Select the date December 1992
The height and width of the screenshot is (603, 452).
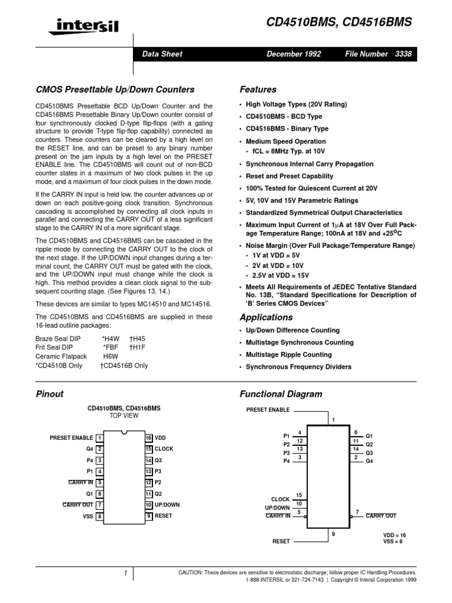[294, 54]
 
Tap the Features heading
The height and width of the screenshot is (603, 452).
[258, 90]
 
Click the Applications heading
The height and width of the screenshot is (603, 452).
[266, 317]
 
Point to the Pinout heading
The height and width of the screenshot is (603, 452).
[50, 394]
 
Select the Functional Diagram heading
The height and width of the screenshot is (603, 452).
[281, 394]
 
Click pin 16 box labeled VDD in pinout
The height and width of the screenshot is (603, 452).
[149, 438]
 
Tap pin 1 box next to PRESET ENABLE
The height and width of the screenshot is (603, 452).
[100, 438]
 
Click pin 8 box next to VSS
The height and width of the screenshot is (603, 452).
[100, 516]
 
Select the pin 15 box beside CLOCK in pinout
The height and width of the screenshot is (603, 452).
[149, 449]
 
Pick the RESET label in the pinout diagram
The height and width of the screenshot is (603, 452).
[163, 516]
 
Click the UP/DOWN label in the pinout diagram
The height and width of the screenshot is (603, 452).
[167, 505]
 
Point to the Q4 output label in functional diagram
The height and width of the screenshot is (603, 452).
[370, 461]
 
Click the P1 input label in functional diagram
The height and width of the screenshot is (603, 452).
[287, 436]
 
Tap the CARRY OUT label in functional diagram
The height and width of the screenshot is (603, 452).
[381, 516]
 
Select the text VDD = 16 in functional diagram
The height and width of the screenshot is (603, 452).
[394, 535]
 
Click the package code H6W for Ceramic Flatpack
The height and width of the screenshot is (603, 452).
[111, 356]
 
